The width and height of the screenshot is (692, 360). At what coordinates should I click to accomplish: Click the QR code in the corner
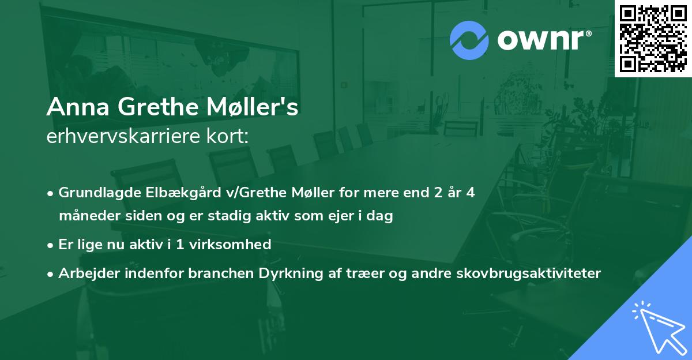[x=653, y=38]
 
